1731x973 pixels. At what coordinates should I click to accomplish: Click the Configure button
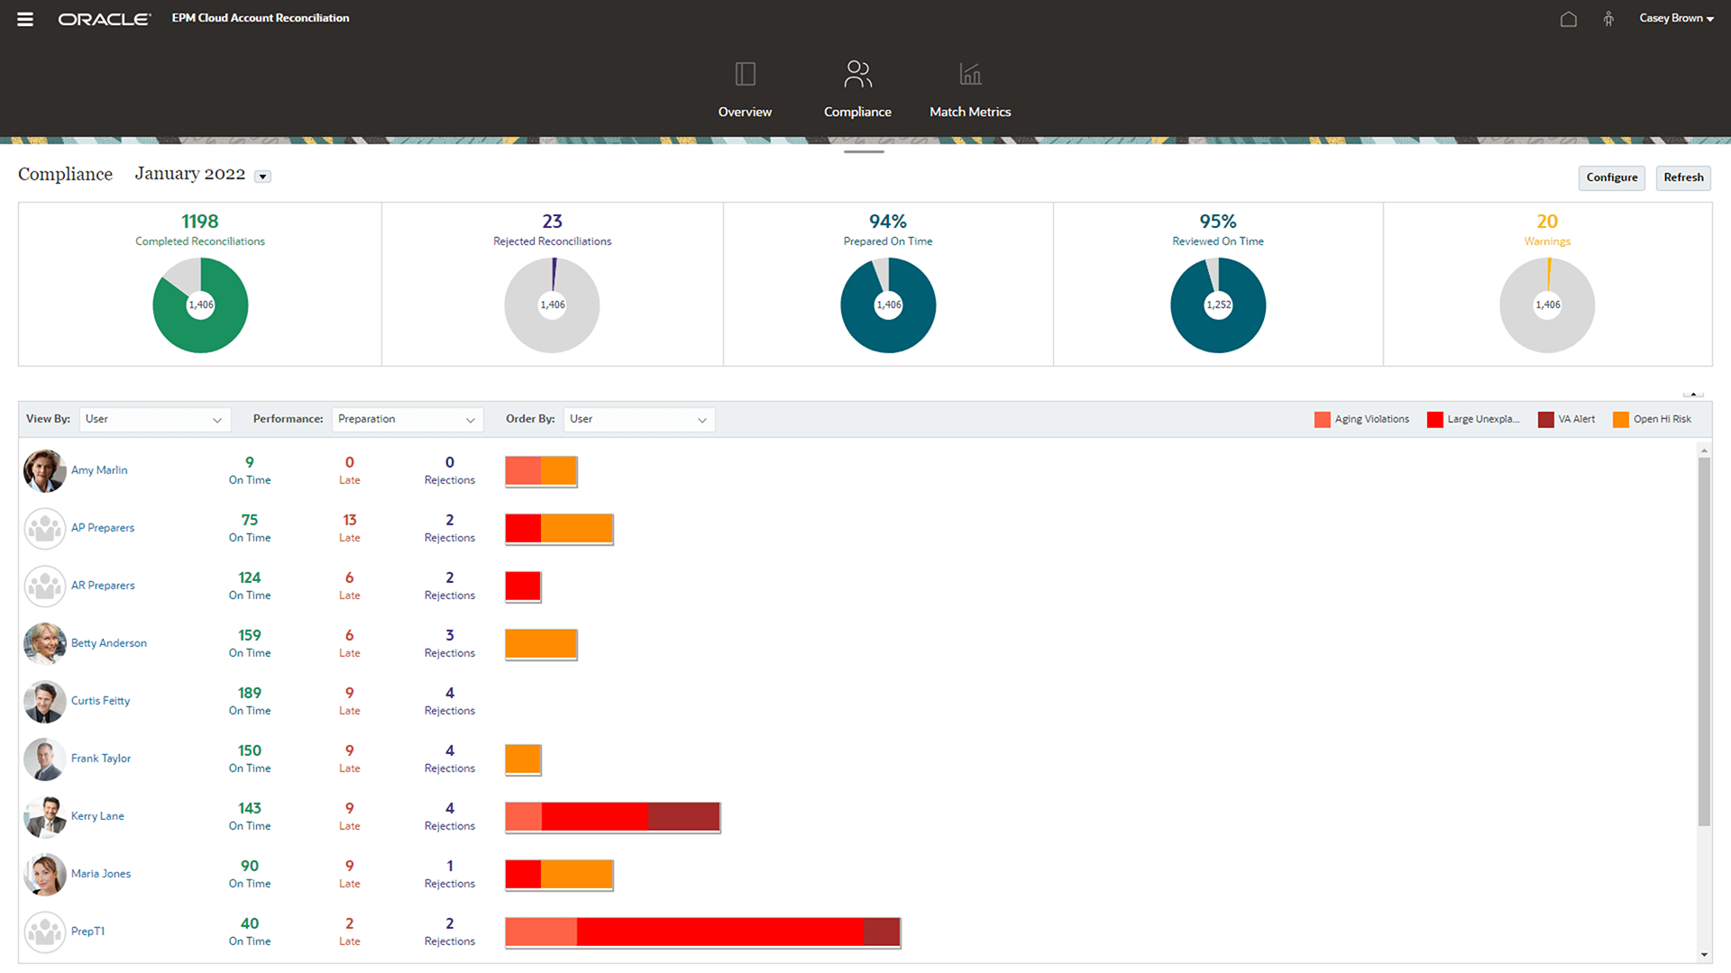[x=1611, y=177]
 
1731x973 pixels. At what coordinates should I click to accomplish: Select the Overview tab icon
[x=745, y=74]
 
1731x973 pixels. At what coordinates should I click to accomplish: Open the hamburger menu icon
[x=25, y=19]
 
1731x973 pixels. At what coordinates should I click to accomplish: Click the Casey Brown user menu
[x=1676, y=18]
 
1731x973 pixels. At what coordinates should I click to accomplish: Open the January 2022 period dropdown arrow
[x=262, y=177]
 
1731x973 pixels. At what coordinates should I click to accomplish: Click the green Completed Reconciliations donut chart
[x=200, y=305]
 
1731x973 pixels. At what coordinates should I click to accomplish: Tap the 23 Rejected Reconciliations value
[x=552, y=222]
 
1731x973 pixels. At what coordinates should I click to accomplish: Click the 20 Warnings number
[x=1547, y=222]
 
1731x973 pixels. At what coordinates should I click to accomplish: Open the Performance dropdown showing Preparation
[x=407, y=420]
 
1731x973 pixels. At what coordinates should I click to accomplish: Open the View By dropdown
[x=154, y=420]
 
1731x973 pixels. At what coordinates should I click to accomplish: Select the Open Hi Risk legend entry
[x=1653, y=420]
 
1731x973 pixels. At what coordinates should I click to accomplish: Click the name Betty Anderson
[x=109, y=643]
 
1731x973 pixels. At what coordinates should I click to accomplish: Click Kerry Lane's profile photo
[x=44, y=816]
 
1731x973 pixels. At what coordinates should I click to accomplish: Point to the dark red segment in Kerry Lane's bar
[x=683, y=817]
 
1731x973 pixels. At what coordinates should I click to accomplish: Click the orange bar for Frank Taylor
[x=523, y=759]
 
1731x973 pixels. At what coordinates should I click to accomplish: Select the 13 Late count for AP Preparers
[x=349, y=521]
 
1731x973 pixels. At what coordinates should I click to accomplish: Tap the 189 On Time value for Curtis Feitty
[x=250, y=694]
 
